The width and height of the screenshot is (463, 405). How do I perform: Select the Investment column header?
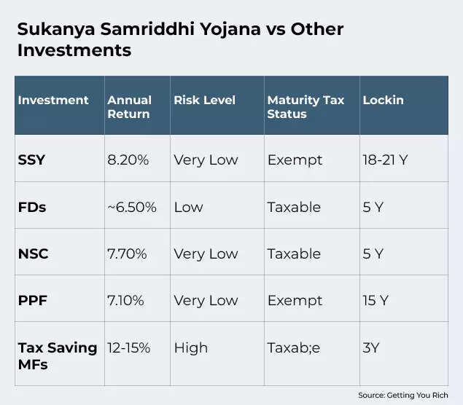53,100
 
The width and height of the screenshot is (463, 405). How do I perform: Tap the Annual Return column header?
128,106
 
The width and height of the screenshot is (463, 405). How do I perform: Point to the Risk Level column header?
204,100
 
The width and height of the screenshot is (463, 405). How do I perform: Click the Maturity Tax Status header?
306,106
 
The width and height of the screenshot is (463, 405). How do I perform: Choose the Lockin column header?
383,100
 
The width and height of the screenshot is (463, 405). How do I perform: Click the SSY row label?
31,160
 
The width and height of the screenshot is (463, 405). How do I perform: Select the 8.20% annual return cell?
128,160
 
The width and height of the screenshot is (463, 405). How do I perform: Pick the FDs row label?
31,207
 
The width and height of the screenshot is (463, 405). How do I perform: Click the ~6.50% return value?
132,207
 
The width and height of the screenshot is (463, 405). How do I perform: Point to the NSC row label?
33,253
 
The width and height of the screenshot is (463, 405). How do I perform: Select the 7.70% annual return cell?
128,253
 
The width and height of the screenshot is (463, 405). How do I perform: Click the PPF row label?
32,300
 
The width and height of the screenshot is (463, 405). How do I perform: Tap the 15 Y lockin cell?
376,300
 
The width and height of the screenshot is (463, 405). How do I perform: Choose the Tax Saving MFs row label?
57,354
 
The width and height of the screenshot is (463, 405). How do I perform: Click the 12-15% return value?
129,347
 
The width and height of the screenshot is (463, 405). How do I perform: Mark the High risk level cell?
190,347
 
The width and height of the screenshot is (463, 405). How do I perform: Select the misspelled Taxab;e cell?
293,347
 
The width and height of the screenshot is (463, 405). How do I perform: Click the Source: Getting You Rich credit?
402,395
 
